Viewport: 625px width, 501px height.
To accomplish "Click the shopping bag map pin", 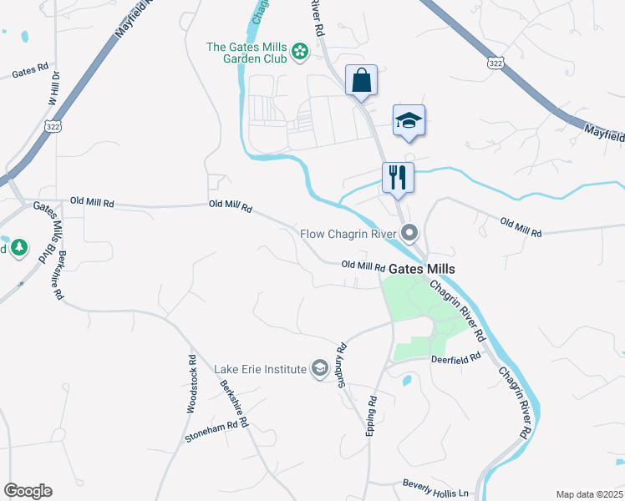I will pyautogui.click(x=362, y=81).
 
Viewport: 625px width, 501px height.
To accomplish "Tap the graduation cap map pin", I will pyautogui.click(x=409, y=121).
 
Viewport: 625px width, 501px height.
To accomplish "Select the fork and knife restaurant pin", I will pyautogui.click(x=397, y=178).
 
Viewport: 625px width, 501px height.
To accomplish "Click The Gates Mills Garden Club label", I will pyautogui.click(x=247, y=53).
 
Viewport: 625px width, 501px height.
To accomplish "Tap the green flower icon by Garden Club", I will pyautogui.click(x=300, y=53).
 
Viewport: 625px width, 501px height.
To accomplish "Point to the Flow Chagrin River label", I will pyautogui.click(x=349, y=233).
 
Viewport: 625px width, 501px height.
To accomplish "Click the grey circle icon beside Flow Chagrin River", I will pyautogui.click(x=409, y=232).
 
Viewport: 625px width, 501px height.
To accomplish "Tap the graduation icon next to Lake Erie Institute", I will pyautogui.click(x=319, y=368).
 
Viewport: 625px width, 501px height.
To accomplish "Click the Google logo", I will pyautogui.click(x=28, y=491).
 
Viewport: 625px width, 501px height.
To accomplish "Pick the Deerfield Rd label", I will pyautogui.click(x=456, y=357).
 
